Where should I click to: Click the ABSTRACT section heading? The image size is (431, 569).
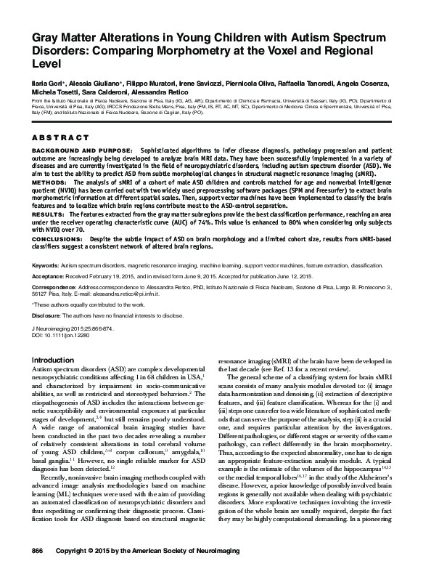point(61,137)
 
